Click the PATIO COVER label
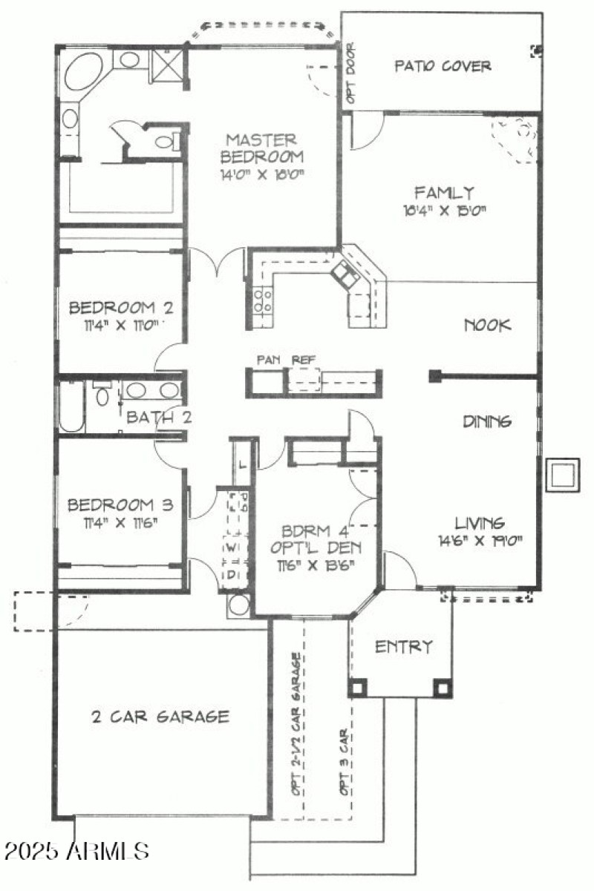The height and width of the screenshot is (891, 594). click(x=443, y=66)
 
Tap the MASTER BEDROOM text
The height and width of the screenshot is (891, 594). click(x=261, y=148)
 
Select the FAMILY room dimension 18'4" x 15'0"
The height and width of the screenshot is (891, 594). click(x=445, y=211)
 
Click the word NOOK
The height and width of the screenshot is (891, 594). click(x=488, y=325)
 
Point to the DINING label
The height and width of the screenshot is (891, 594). click(x=488, y=421)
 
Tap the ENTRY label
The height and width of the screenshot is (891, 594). click(x=403, y=647)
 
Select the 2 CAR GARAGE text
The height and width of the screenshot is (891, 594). click(x=160, y=717)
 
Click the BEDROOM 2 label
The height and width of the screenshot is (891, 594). click(x=121, y=308)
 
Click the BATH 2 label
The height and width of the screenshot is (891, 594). click(x=158, y=418)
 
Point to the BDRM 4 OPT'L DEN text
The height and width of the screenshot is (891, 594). click(x=317, y=541)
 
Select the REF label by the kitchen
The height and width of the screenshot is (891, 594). click(x=303, y=360)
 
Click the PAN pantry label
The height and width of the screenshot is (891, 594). click(x=267, y=360)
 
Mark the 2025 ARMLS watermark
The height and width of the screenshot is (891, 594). click(x=75, y=850)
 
